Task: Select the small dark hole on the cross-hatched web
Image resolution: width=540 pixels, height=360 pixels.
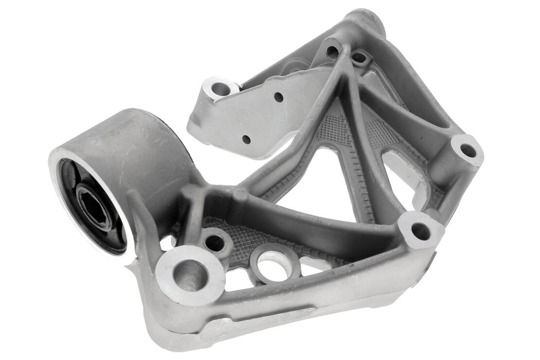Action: click(215, 243)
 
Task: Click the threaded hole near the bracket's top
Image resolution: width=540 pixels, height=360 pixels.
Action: click(333, 51)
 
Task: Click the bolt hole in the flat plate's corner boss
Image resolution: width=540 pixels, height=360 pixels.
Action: click(220, 89)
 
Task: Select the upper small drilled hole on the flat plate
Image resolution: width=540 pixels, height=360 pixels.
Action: click(278, 97)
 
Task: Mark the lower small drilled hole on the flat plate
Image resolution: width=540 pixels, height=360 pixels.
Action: click(246, 139)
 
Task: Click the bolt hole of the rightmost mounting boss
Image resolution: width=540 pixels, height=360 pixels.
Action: click(468, 151)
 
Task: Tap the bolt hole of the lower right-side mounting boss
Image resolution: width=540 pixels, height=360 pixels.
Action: click(420, 231)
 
